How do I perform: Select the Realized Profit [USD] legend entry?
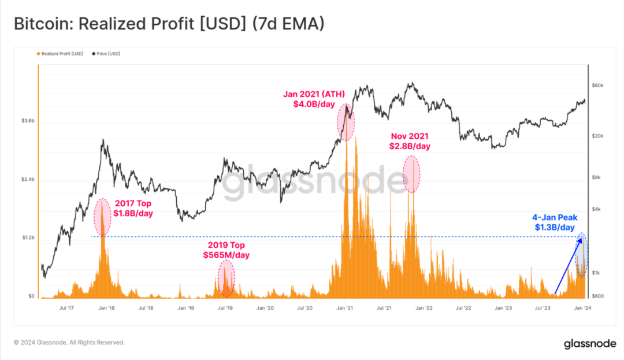pos(60,54)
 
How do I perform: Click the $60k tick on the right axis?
pos(597,86)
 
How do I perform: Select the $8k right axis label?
pos(596,177)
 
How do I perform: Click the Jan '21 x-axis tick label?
pos(345,309)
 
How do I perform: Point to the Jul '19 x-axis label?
pos(225,309)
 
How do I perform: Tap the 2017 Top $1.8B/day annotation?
pos(133,209)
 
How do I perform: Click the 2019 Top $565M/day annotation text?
pos(226,250)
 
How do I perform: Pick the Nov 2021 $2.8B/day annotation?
pos(410,142)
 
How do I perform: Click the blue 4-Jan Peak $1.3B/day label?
pos(554,222)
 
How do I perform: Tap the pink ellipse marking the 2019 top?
pos(226,279)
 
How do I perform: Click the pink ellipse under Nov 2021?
pos(411,173)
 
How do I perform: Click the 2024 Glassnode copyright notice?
pos(69,343)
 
